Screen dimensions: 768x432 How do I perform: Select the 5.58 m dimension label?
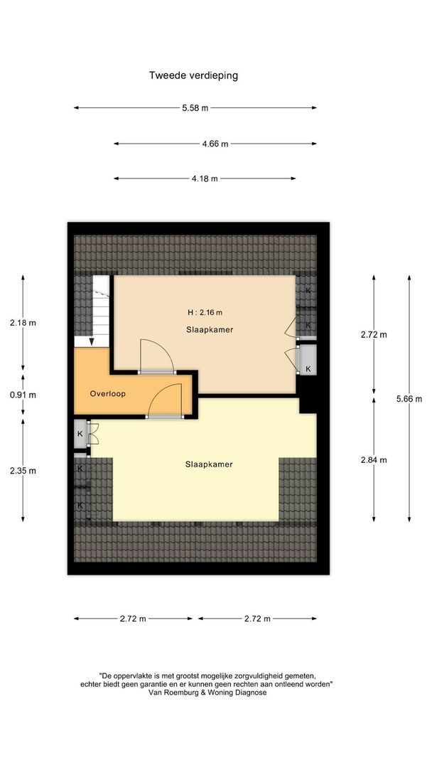[195, 108]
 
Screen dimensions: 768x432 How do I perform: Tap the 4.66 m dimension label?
[215, 144]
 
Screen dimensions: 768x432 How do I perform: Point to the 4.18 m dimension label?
[204, 178]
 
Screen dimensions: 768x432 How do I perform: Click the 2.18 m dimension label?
[23, 322]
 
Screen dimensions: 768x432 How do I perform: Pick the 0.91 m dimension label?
[23, 395]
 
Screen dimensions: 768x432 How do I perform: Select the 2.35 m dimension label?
[23, 470]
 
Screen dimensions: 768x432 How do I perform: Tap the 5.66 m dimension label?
[409, 398]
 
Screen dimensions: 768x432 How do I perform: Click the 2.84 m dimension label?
[374, 459]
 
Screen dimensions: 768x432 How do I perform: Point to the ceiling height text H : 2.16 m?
[205, 312]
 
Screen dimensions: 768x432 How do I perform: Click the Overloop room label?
[107, 393]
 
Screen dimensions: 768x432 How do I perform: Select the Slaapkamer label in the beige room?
[210, 329]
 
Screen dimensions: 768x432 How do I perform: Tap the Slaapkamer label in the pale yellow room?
[209, 464]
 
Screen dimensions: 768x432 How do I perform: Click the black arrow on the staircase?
[90, 341]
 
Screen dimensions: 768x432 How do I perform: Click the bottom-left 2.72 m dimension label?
[132, 619]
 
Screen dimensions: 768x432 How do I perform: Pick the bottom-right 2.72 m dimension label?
[256, 619]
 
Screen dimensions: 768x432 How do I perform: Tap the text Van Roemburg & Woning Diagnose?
[207, 692]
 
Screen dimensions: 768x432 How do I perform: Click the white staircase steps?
[100, 306]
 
